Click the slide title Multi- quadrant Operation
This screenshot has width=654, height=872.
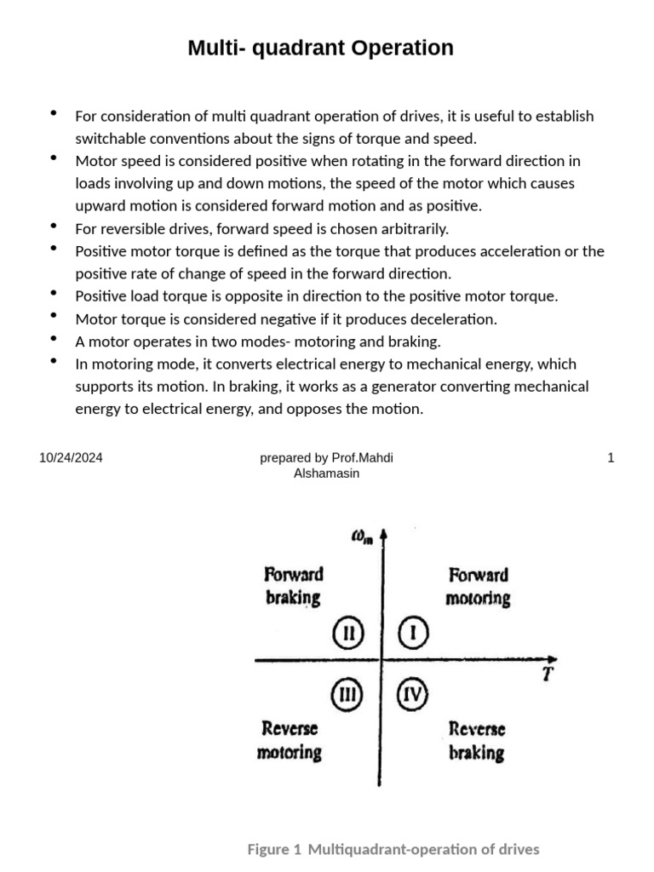pyautogui.click(x=320, y=49)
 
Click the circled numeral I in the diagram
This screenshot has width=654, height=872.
pyautogui.click(x=413, y=633)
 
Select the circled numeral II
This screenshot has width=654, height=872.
pyautogui.click(x=347, y=633)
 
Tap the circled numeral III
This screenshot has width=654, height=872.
pyautogui.click(x=347, y=695)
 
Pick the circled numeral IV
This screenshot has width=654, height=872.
pyautogui.click(x=413, y=695)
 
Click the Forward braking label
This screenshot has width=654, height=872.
pyautogui.click(x=294, y=586)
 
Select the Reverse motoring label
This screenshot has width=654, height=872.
pyautogui.click(x=290, y=740)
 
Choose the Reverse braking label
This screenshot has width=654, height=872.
pyautogui.click(x=477, y=741)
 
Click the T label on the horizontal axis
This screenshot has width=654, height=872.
pyautogui.click(x=548, y=675)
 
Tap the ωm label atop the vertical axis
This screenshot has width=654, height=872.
pyautogui.click(x=361, y=536)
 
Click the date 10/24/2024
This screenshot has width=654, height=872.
pyautogui.click(x=71, y=458)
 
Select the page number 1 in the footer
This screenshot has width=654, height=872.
pyautogui.click(x=611, y=458)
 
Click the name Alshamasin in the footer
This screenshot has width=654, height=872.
pyautogui.click(x=326, y=473)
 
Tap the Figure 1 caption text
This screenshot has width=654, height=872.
pyautogui.click(x=393, y=849)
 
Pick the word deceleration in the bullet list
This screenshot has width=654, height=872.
pyautogui.click(x=454, y=318)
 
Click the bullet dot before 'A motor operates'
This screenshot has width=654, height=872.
pyautogui.click(x=54, y=338)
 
